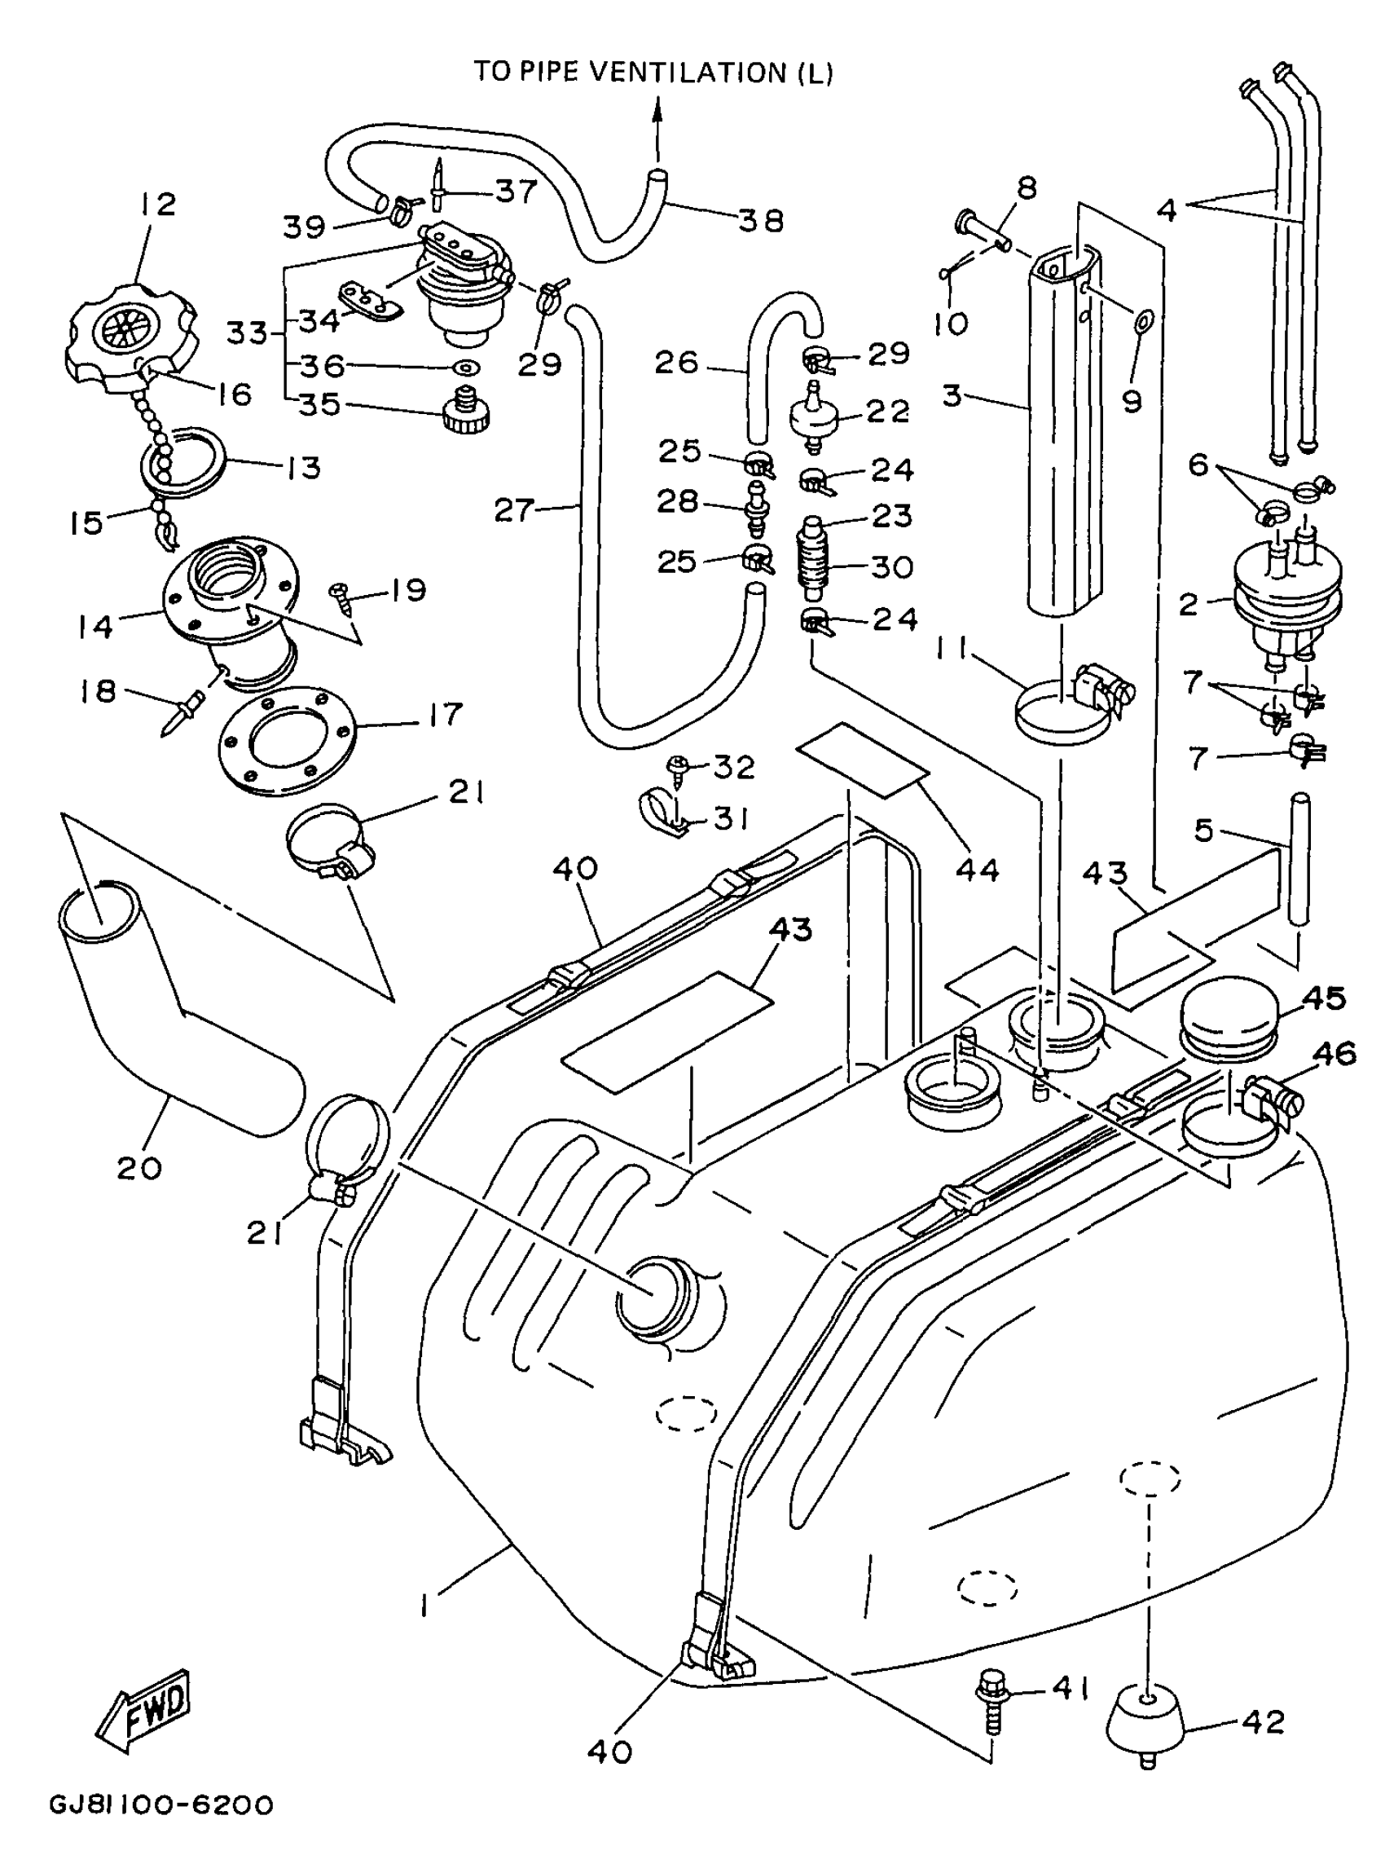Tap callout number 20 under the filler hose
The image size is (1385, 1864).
[139, 1167]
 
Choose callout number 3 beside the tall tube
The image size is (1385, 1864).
[952, 395]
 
